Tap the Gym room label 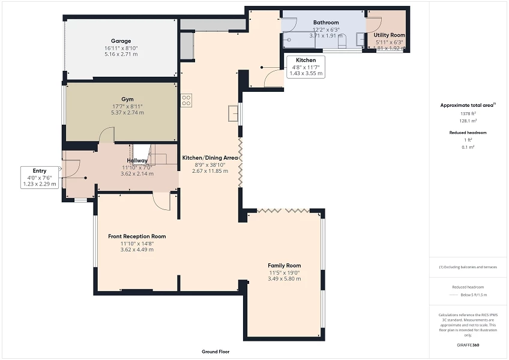pos(127,99)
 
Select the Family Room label pos(284,265)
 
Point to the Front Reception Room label pos(137,236)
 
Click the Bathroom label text pos(326,22)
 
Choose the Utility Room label pos(390,35)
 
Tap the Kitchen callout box pos(306,67)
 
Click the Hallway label pos(136,161)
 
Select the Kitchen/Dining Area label pos(210,158)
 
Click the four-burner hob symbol pos(186,100)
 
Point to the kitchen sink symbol pos(232,113)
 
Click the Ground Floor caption pos(215,352)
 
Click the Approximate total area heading pos(467,105)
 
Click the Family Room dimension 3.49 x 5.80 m pos(284,279)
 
